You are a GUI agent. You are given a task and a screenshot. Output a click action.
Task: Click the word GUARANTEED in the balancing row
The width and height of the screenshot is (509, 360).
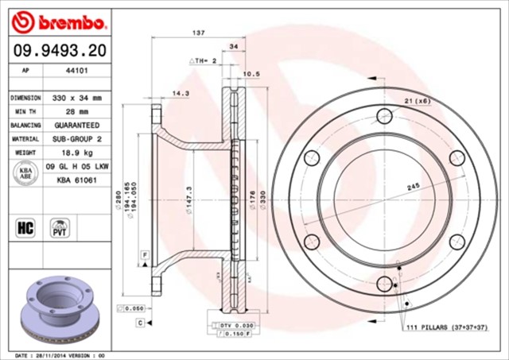click(x=76, y=126)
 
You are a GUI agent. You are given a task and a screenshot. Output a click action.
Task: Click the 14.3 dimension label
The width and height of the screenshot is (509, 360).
click(x=180, y=94)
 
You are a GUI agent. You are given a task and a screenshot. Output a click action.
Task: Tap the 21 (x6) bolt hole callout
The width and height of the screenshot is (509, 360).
click(x=416, y=100)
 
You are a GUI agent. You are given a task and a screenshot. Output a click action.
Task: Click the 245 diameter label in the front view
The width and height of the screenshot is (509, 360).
click(x=413, y=187)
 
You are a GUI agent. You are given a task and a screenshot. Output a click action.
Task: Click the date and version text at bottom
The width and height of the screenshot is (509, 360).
click(x=60, y=354)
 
